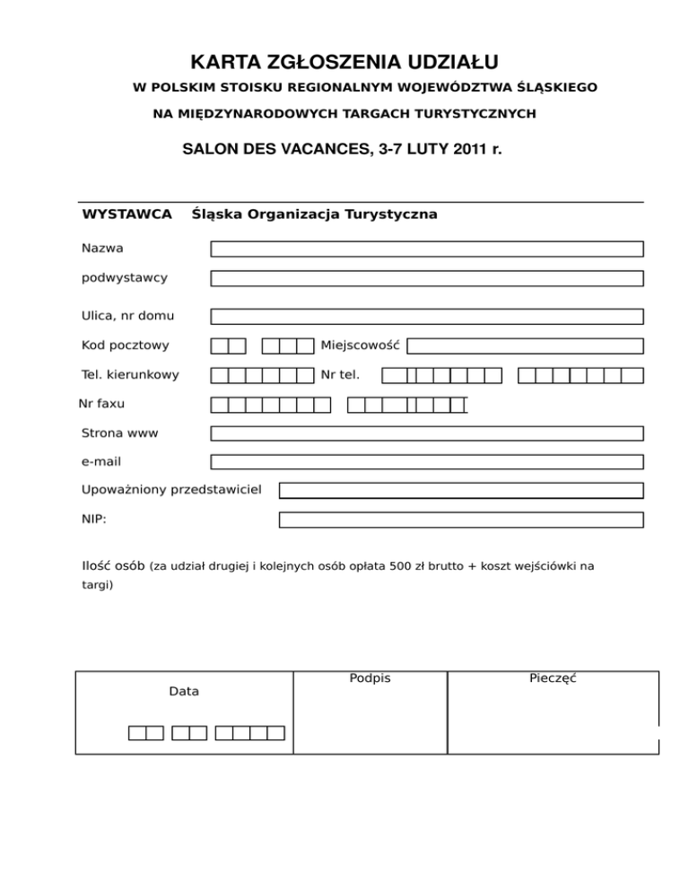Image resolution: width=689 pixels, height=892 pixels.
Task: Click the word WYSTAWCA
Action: pos(126,214)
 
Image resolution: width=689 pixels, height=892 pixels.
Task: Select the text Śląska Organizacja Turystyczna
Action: pos(314,214)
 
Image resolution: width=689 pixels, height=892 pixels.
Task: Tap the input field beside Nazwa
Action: pos(427,249)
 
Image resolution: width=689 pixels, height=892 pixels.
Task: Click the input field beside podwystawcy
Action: pos(427,278)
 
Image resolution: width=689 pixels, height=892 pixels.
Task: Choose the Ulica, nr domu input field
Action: pos(427,316)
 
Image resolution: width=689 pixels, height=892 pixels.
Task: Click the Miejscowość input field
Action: pos(527,345)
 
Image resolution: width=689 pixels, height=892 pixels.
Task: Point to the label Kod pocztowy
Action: pos(125,345)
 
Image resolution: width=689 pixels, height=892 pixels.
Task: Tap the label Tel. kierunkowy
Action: pos(130,374)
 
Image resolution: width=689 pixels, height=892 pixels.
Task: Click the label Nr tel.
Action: pos(340,374)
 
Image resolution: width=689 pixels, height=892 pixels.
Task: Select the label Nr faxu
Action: pos(101,404)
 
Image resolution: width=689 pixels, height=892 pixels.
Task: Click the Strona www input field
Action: pos(427,433)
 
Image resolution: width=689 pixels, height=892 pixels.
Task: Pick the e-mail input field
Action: pos(427,462)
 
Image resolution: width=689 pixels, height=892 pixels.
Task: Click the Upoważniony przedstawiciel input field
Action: pos(461,491)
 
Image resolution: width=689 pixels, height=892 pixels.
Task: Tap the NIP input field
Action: pos(461,520)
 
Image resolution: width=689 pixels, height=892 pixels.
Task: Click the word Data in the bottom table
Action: pos(184,692)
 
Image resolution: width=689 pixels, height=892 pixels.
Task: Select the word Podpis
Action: pos(370,678)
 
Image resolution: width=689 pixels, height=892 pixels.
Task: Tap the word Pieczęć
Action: pos(553,678)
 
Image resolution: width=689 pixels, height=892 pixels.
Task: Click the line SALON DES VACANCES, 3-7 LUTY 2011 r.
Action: pos(342,148)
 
